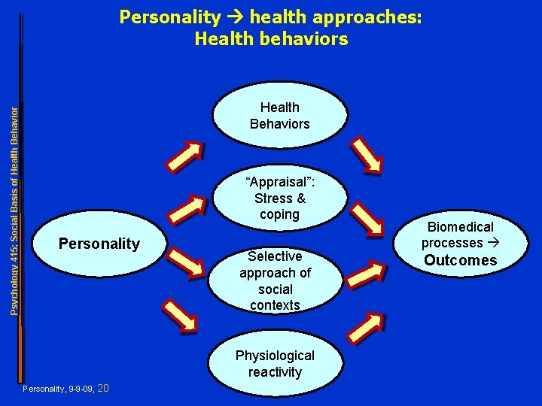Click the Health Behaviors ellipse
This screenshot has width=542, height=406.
point(279,116)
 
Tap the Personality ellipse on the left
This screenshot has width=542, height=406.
point(99,244)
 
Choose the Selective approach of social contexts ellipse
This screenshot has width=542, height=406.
point(275,280)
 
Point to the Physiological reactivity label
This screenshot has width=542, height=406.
point(275,363)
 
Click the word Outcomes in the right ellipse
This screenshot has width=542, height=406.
point(460,260)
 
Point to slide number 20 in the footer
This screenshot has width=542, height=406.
point(104,388)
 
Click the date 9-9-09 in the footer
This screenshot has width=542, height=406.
point(81,389)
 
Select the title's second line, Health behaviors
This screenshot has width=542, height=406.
point(271,38)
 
